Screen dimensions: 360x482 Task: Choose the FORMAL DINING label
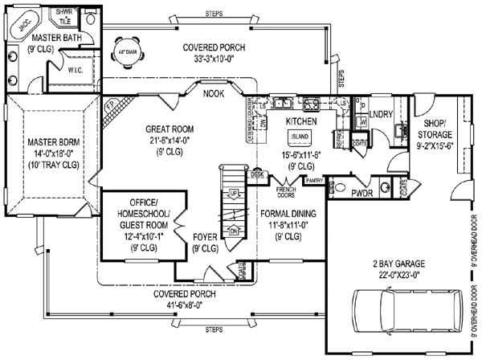(288, 214)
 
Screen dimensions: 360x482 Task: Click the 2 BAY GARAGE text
(404, 264)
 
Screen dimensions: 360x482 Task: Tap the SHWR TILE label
(60, 16)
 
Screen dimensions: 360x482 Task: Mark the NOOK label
(191, 92)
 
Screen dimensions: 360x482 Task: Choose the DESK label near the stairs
(257, 174)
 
